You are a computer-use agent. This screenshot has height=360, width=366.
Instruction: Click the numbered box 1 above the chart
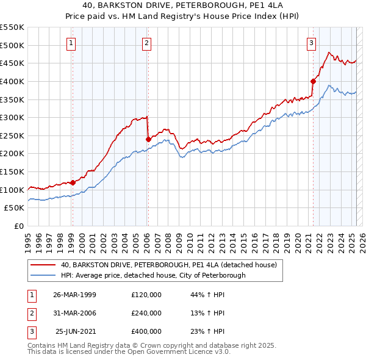[x=72, y=43]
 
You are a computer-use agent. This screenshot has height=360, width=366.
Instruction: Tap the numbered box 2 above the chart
[x=148, y=43]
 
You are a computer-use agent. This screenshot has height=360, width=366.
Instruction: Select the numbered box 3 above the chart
[x=312, y=43]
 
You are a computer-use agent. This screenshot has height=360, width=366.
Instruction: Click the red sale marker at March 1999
[x=73, y=182]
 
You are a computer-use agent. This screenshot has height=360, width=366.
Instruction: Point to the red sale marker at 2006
[x=148, y=139]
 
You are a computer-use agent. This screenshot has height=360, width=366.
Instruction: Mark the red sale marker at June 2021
[x=313, y=81]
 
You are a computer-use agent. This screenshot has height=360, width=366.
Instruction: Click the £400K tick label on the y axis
[x=12, y=81]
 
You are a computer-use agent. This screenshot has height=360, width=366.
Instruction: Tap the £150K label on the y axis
[x=12, y=171]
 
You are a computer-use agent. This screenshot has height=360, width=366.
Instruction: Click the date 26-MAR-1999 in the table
[x=75, y=295]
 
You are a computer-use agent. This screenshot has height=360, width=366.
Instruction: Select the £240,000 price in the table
[x=146, y=313]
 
